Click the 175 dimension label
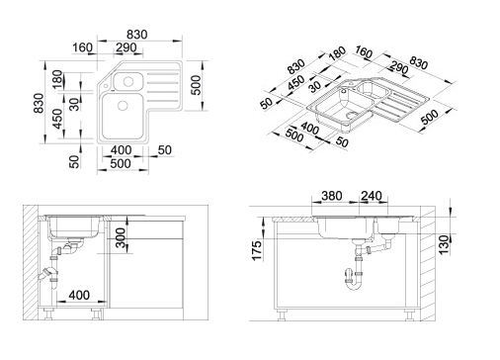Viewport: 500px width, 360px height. coord(257,250)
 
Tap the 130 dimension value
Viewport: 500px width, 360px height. coord(444,244)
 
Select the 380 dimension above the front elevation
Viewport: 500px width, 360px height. coord(332,196)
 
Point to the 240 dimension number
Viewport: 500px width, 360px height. coord(372,196)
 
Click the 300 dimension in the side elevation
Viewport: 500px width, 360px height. coord(121,238)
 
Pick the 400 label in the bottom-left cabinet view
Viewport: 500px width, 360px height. coord(79,295)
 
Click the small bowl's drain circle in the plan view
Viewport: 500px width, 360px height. coord(127,81)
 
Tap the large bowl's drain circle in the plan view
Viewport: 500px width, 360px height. coord(123,106)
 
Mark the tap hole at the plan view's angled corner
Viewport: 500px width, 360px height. coord(105,86)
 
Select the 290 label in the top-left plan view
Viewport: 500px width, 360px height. coord(125,47)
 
